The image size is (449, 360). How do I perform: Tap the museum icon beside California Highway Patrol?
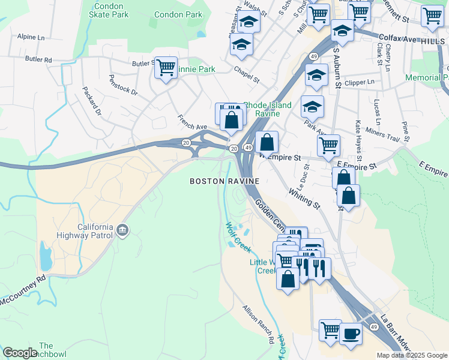pos(123,229)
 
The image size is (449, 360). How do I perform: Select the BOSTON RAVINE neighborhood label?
pos(224,181)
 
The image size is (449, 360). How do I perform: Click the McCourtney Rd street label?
pos(23,290)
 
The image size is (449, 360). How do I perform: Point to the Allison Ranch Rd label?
pos(259,325)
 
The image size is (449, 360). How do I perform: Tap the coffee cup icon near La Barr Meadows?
pos(351,333)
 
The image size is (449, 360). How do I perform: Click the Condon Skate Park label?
pos(110,10)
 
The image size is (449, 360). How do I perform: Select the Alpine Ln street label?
pos(31,37)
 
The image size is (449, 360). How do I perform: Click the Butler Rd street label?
pos(39,59)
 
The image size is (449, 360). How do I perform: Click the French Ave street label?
pos(191,122)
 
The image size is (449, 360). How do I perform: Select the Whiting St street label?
pos(304,197)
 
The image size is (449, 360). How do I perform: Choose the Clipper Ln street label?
pos(360,82)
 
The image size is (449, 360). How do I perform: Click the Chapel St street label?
pos(247,75)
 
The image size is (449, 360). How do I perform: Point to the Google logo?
pos(20,353)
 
